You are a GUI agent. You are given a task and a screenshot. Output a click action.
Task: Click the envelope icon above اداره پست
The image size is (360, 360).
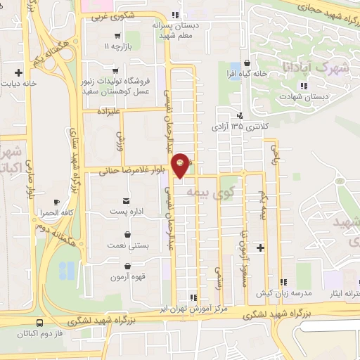[127, 201]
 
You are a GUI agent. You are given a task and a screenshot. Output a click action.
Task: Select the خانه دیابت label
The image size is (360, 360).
[27, 82]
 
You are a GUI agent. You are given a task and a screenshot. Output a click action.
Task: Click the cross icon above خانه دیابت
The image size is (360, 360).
[27, 71]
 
